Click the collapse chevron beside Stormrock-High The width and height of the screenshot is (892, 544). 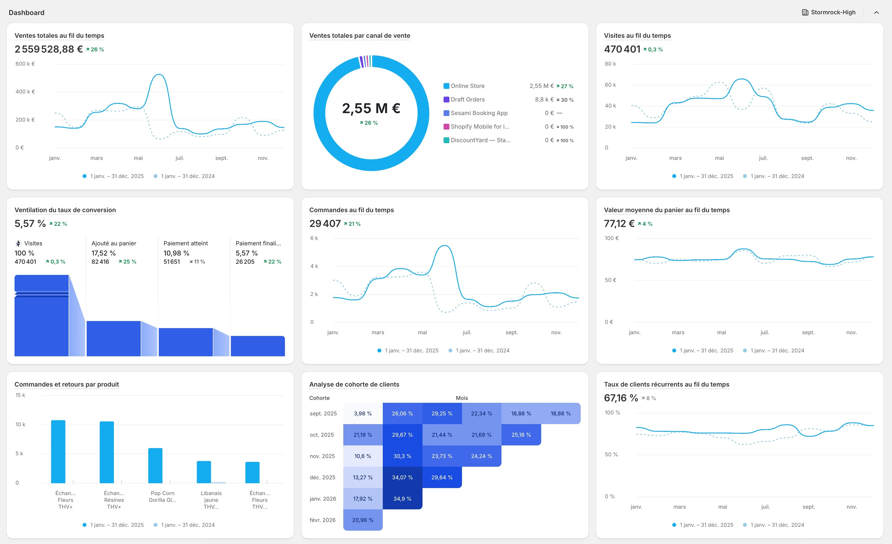876,13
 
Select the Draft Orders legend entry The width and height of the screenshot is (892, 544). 467,100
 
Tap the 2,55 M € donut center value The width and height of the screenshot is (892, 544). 371,108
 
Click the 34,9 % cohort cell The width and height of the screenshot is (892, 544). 402,499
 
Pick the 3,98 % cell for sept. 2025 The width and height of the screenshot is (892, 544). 363,413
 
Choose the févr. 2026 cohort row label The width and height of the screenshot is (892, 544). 322,520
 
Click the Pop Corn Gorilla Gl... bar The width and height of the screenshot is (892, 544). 155,466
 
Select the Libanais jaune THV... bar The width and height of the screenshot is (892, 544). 204,472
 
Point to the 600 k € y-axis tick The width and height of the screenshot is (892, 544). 25,64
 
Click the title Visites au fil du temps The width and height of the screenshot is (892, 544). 637,35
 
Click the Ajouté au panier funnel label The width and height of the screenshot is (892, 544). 114,243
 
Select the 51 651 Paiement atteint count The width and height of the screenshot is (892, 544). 172,262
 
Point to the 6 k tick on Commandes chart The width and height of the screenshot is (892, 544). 314,238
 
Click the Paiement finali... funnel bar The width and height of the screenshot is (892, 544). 258,346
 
